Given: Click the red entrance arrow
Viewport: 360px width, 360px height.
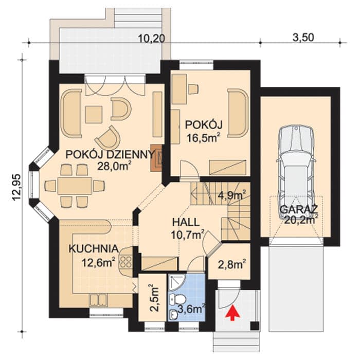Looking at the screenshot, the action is [x=233, y=313].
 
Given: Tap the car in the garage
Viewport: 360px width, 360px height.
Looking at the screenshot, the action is [x=296, y=172].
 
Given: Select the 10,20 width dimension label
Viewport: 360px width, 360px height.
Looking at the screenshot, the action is [x=152, y=39].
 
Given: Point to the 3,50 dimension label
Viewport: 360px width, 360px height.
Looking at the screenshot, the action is [x=303, y=38].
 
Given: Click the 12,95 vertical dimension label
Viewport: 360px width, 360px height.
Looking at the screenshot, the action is [x=17, y=188].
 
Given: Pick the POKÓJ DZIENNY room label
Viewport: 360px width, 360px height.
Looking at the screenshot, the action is [x=110, y=154].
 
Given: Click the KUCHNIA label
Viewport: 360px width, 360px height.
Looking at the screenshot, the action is [x=94, y=248].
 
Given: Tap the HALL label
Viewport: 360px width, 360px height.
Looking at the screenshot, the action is [x=186, y=222].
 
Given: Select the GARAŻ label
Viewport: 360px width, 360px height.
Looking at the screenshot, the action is [x=299, y=209].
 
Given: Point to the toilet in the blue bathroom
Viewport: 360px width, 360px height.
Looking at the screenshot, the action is [x=179, y=300].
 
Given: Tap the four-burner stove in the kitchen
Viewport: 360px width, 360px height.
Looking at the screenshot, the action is [x=125, y=262].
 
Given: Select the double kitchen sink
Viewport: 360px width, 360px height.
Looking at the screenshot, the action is [x=98, y=300].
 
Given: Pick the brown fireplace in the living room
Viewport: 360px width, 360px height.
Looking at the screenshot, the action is [x=156, y=158].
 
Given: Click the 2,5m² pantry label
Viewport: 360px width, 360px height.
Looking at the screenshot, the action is [x=154, y=298].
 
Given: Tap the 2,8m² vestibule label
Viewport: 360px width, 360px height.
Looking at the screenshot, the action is [x=230, y=264].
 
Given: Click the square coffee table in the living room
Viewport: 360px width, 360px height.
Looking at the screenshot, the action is [x=94, y=114].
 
